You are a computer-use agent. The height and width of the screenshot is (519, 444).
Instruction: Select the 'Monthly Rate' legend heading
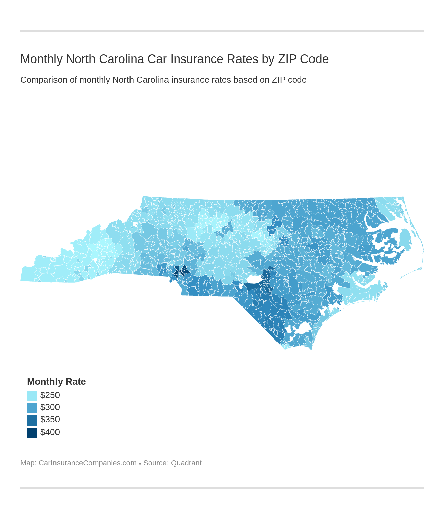56,382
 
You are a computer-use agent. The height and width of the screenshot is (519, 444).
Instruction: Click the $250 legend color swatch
32,395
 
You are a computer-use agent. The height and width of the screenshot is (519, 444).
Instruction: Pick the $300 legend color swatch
32,407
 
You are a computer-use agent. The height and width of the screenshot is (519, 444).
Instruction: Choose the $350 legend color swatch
32,420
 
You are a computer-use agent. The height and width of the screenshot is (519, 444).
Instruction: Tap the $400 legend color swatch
32,432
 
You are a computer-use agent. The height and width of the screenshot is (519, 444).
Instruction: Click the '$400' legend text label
50,432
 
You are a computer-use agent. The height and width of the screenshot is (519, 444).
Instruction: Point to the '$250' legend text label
50,395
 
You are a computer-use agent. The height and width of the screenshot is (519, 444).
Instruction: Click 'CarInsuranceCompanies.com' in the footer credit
87,463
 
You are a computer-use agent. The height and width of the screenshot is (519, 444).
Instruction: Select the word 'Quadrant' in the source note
186,463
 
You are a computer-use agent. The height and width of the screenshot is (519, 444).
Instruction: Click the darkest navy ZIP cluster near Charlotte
181,271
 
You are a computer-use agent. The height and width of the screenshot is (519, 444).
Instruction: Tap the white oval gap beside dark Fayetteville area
254,279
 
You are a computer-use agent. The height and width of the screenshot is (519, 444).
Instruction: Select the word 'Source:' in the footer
156,463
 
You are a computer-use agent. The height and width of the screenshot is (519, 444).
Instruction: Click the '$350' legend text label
50,420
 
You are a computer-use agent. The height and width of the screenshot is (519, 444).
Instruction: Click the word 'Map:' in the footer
28,463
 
